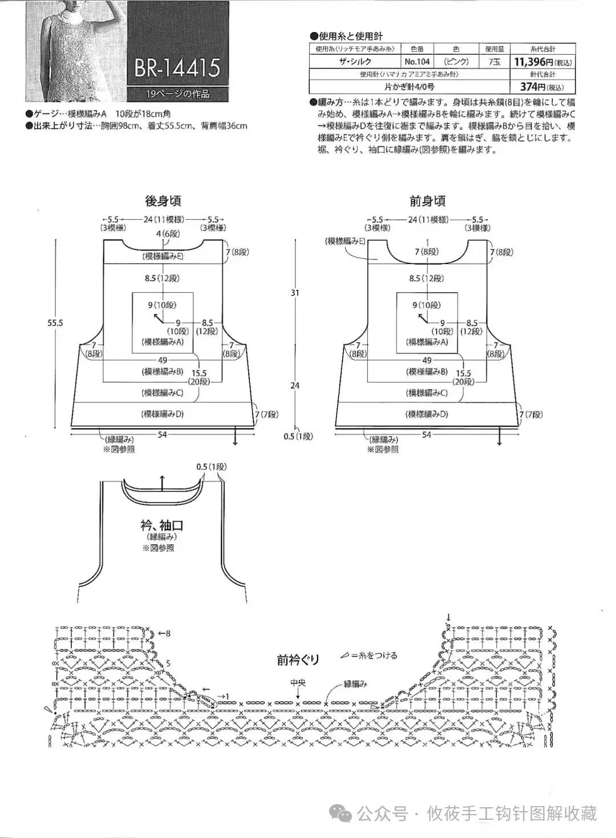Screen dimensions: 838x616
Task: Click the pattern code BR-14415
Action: click(x=177, y=67)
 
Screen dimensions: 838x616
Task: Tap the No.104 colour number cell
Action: click(x=417, y=62)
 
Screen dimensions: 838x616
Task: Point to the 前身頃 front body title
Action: click(x=427, y=201)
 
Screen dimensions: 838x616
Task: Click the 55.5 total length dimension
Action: click(x=55, y=323)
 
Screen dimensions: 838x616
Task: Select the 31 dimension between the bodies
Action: click(x=295, y=293)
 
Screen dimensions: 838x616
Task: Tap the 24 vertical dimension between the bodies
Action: click(x=295, y=386)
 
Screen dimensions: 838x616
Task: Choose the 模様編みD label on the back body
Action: click(x=163, y=414)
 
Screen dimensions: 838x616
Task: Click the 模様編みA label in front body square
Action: click(x=427, y=342)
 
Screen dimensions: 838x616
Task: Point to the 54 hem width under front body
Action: click(x=427, y=435)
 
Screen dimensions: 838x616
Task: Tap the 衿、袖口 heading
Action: click(x=162, y=525)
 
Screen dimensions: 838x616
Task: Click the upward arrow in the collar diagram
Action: click(x=162, y=481)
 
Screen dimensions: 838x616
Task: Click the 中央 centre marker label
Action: click(x=298, y=683)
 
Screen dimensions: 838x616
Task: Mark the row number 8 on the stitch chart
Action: click(x=168, y=633)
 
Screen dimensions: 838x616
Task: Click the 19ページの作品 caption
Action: click(x=177, y=94)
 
